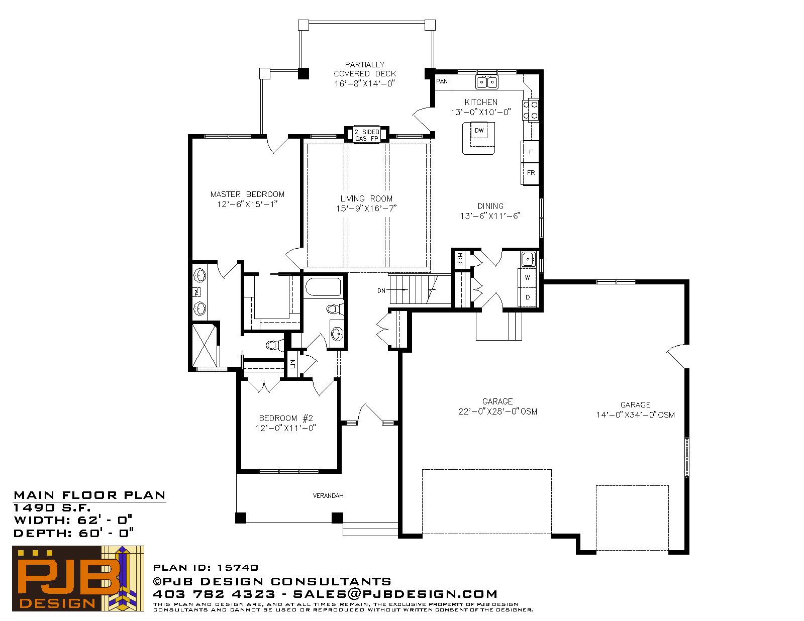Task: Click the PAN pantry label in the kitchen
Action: point(442,81)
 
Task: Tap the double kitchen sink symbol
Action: point(486,82)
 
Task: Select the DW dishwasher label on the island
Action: point(479,130)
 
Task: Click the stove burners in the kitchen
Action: point(531,110)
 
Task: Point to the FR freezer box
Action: point(530,173)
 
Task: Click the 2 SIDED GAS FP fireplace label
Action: point(367,135)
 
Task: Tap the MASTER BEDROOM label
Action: point(247,194)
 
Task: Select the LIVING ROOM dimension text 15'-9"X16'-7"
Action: point(366,209)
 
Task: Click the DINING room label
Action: point(490,206)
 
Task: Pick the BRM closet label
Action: point(460,259)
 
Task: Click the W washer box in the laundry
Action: point(527,277)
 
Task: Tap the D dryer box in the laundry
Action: point(527,297)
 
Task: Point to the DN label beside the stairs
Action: point(381,291)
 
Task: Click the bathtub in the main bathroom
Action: point(323,287)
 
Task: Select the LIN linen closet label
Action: point(292,364)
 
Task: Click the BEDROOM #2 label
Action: point(286,419)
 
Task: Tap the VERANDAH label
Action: point(328,495)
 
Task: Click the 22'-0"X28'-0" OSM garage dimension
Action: point(497,411)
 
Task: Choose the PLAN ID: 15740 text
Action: point(206,568)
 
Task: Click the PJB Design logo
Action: point(78,578)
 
